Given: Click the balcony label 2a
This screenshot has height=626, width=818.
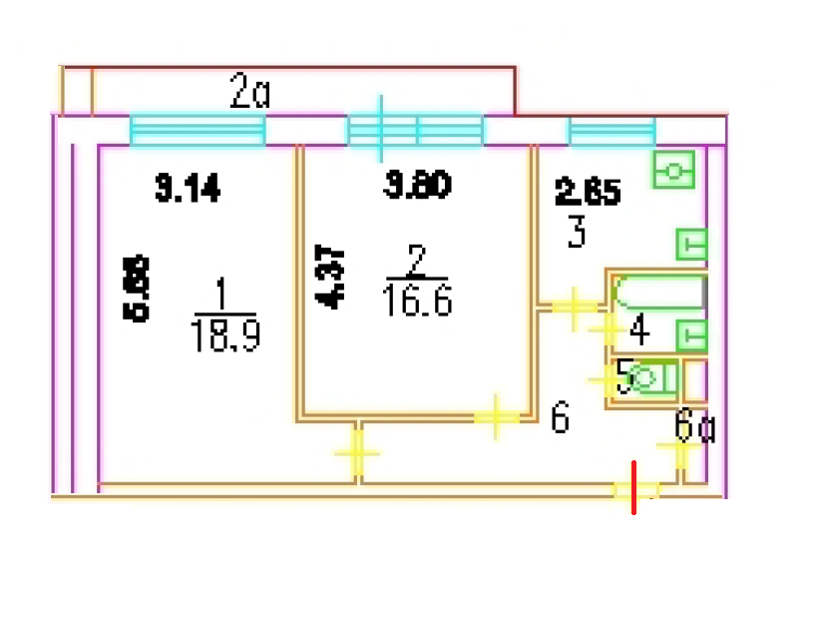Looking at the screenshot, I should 250,94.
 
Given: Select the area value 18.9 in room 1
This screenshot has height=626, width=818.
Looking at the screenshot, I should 224,337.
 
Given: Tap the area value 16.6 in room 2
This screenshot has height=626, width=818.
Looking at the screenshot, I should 417,300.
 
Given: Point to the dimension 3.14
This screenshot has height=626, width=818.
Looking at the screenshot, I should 188,188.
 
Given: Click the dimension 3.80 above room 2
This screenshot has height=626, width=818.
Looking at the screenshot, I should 418,186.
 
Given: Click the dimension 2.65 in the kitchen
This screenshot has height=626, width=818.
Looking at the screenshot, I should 588,191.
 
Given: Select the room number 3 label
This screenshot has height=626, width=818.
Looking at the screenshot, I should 577,235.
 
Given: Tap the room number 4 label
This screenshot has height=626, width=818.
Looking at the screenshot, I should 638,326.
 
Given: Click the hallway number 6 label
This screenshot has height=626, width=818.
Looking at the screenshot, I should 560,418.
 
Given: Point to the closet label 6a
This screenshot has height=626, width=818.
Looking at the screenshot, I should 694,426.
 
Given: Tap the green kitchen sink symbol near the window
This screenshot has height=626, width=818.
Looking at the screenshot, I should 674,171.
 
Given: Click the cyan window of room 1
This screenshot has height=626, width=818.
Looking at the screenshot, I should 198,131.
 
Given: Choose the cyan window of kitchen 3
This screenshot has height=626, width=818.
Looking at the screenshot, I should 612,131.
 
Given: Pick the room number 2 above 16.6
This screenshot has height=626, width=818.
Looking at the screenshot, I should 417,262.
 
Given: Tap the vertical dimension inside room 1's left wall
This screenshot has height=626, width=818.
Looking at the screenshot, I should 139,289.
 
